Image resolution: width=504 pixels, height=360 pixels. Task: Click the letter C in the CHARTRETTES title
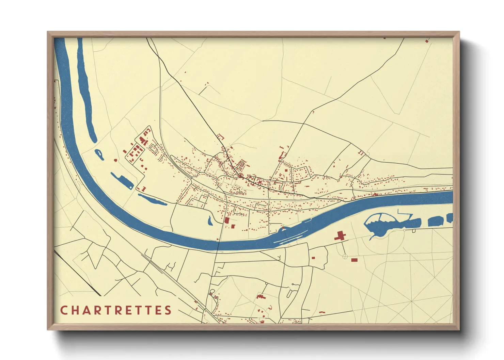point(64,310)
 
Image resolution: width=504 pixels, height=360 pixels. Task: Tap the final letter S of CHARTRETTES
point(168,310)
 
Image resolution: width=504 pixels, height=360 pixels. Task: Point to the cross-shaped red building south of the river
point(340,236)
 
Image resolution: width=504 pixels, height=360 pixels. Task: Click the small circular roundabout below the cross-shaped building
point(345,257)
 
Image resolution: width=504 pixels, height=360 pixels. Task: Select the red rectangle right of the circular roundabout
point(354,260)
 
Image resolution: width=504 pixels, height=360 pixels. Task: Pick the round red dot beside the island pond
point(115,160)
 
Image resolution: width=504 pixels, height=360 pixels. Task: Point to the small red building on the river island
point(283,228)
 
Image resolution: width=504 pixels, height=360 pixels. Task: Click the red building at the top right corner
point(427,41)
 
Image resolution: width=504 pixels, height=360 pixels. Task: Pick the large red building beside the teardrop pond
point(227,220)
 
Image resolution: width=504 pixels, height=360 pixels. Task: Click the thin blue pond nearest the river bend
point(152,200)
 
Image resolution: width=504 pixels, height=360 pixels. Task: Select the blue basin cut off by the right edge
point(450,218)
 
